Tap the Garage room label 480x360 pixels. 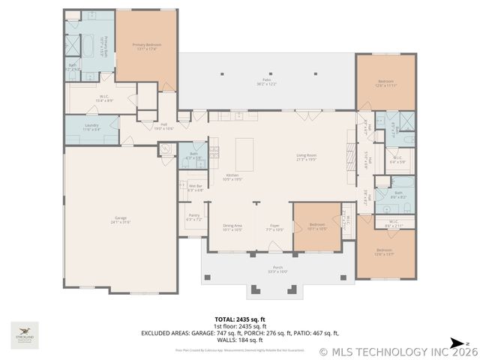(120, 220)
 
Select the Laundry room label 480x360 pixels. (91, 127)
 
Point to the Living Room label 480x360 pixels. (306, 157)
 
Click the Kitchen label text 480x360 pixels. (232, 177)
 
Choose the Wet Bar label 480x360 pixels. (195, 187)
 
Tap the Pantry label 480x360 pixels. (194, 217)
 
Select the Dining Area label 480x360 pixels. (232, 226)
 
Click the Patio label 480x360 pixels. (266, 82)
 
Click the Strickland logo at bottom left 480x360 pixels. (25, 334)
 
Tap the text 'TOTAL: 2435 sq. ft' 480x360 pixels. (240, 319)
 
